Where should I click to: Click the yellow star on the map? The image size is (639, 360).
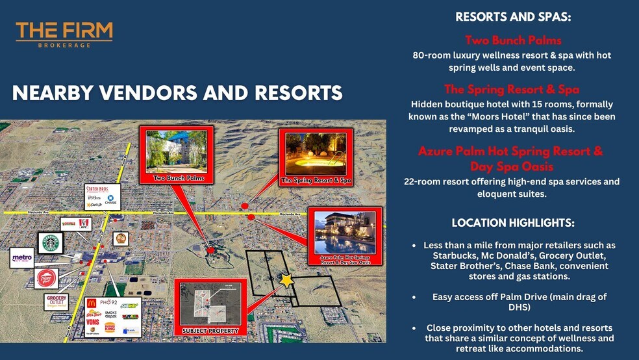(x=286, y=280)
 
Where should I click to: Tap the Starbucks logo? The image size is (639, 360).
(x=51, y=243)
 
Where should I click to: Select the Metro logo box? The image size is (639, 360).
(x=21, y=258)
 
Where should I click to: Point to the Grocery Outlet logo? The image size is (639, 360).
(x=56, y=302)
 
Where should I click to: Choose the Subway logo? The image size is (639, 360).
(x=130, y=305)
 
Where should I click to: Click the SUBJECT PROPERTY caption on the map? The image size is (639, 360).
(x=210, y=330)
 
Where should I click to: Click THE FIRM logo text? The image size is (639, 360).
(x=64, y=31)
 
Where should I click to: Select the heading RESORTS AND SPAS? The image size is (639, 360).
(x=512, y=18)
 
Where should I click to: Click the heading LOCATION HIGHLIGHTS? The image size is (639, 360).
(x=513, y=223)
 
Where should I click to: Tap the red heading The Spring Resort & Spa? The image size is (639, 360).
(x=512, y=89)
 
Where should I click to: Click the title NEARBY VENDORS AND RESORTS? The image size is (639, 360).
(x=177, y=94)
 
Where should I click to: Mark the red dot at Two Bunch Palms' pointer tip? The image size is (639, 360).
(x=210, y=250)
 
